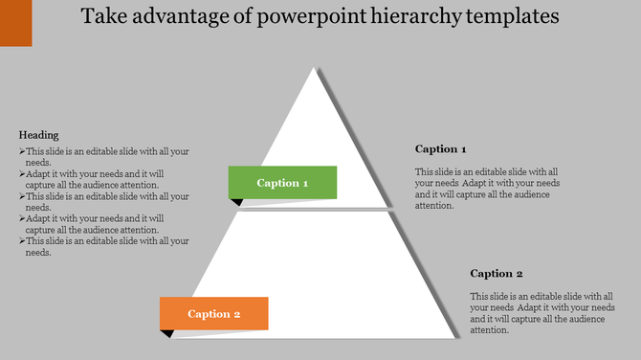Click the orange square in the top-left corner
[15, 22]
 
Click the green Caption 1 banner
[282, 182]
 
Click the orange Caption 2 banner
[213, 313]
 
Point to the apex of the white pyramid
[314, 70]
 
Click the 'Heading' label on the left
[38, 135]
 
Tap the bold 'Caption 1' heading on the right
[440, 149]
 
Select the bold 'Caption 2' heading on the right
[497, 274]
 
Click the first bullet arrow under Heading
[22, 151]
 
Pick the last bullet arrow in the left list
[22, 241]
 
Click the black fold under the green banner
[235, 202]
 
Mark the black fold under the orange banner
[166, 333]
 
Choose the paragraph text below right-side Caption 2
[542, 313]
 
